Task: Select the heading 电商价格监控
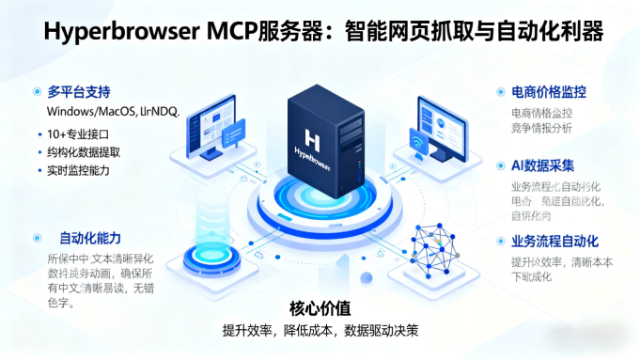click(548, 92)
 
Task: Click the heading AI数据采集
click(543, 165)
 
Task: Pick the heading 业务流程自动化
click(554, 242)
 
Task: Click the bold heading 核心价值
click(320, 308)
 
